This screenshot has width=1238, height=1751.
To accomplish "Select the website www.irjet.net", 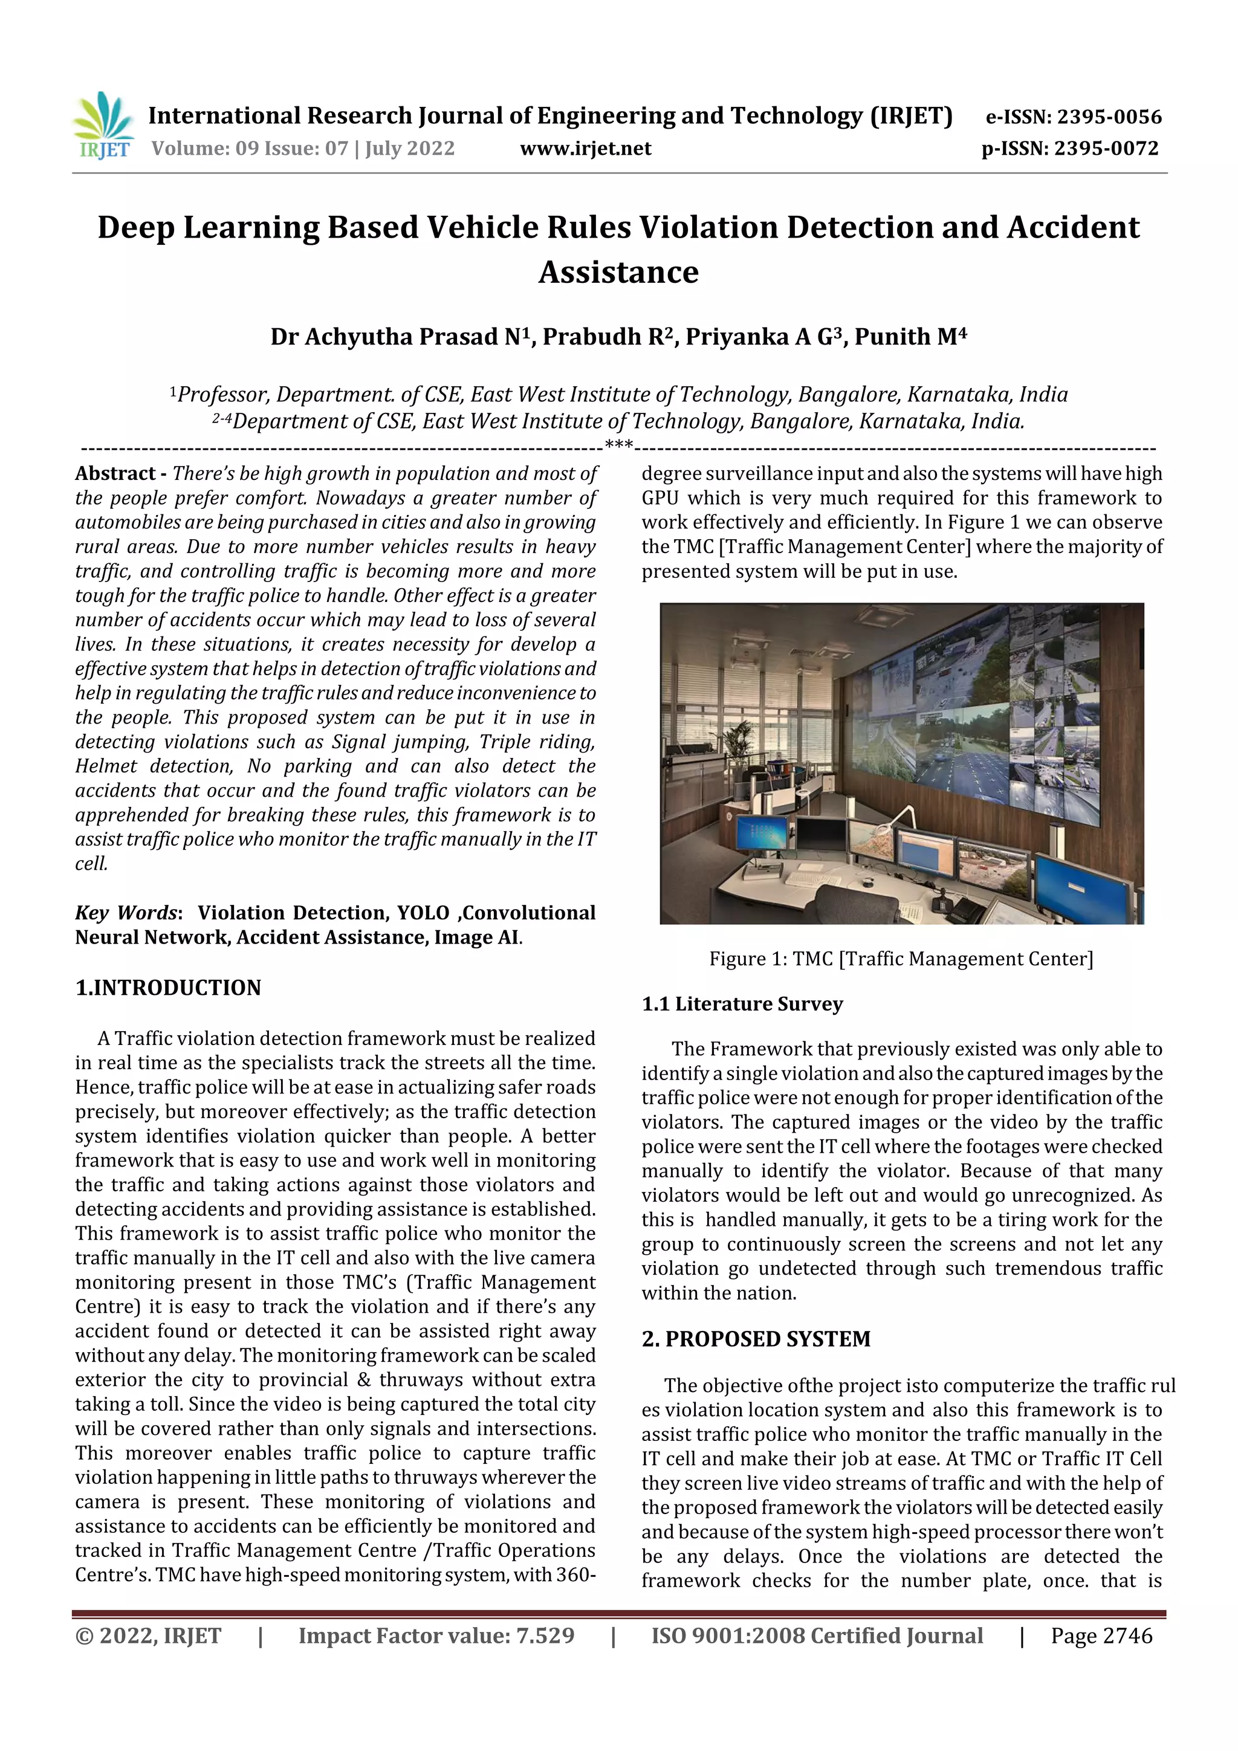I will pyautogui.click(x=585, y=149).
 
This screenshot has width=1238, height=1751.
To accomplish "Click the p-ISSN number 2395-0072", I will pyautogui.click(x=1106, y=149).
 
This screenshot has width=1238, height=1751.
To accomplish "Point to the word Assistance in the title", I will pyautogui.click(x=618, y=272).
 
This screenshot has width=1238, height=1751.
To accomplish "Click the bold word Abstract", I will pyautogui.click(x=115, y=474).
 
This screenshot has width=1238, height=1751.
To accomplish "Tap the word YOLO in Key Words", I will pyautogui.click(x=423, y=913).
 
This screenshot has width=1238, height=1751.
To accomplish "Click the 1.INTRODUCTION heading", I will pyautogui.click(x=168, y=988).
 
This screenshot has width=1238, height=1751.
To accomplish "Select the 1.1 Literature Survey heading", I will pyautogui.click(x=742, y=1003).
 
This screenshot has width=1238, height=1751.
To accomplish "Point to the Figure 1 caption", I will pyautogui.click(x=901, y=959).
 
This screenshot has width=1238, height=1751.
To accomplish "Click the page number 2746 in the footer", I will pyautogui.click(x=1127, y=1636).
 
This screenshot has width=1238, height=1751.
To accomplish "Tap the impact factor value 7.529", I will pyautogui.click(x=545, y=1636).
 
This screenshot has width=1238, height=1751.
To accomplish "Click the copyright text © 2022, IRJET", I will pyautogui.click(x=148, y=1636).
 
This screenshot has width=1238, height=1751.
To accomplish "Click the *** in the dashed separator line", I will pyautogui.click(x=618, y=445).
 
